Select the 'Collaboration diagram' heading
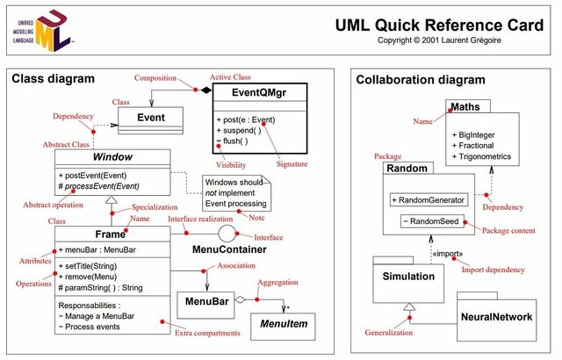click(x=416, y=80)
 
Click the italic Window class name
click(x=112, y=157)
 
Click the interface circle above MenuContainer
click(x=226, y=234)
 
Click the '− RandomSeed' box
click(x=429, y=220)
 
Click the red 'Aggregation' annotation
click(x=279, y=282)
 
